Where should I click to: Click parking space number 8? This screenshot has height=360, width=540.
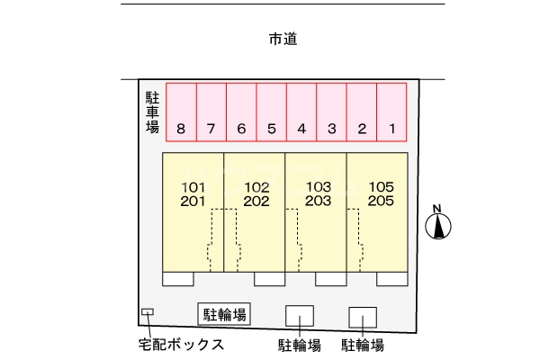[182, 112]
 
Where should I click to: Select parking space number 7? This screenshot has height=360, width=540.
[211, 112]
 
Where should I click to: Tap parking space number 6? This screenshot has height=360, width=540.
[241, 112]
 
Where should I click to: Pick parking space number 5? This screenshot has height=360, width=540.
[272, 112]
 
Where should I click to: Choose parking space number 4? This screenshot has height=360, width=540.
[301, 112]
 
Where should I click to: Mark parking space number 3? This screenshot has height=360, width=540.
[332, 112]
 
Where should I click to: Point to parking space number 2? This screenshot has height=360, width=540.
[362, 112]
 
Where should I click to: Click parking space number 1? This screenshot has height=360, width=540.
[391, 112]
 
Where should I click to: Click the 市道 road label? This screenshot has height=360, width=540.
[283, 39]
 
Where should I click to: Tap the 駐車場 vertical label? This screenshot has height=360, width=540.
[152, 112]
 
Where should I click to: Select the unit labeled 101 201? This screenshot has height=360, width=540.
[193, 194]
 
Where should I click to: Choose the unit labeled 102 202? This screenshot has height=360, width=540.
[256, 194]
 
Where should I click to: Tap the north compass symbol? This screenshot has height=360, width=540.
[438, 225]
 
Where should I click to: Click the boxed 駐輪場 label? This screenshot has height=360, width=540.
[224, 314]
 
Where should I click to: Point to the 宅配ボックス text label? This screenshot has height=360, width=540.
[181, 345]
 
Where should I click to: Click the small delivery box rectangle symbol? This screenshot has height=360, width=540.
[148, 312]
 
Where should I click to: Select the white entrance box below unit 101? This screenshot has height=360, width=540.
[177, 279]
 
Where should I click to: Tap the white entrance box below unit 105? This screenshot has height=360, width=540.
[391, 279]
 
